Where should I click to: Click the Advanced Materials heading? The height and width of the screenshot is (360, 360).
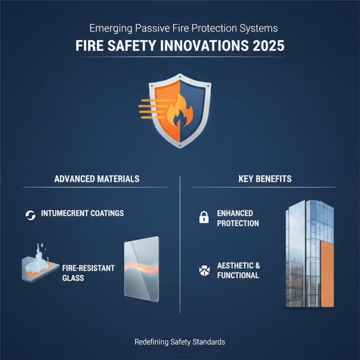tap(97, 179)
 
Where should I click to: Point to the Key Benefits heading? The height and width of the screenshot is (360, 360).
tap(265, 179)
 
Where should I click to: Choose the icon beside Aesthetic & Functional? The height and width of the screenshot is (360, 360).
tap(203, 270)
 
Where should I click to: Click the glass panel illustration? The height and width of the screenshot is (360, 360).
tap(141, 270)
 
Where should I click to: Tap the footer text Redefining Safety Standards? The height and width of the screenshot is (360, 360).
tap(180, 342)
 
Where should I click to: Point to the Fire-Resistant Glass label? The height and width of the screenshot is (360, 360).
tap(89, 273)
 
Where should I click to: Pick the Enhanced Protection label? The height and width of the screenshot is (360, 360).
tap(238, 218)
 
